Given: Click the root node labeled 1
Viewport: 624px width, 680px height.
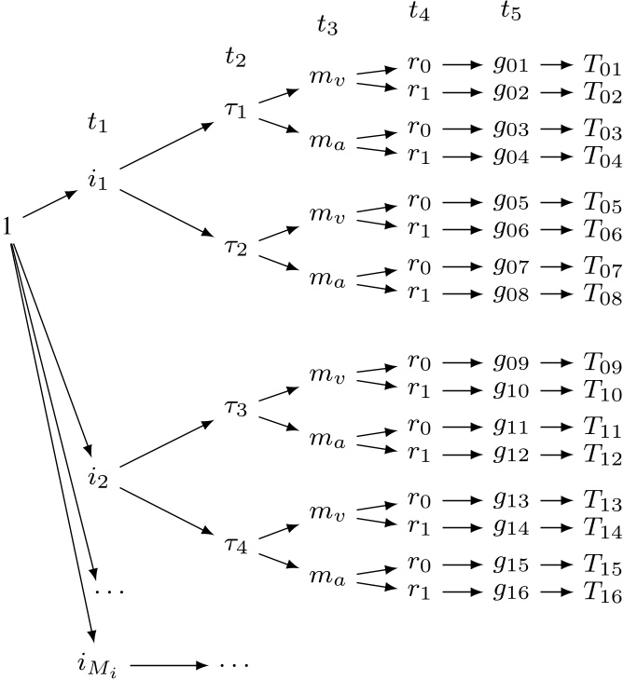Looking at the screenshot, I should (7, 224).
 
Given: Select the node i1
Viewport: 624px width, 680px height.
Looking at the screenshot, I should (97, 179).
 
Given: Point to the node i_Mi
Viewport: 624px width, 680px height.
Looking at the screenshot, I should (102, 665).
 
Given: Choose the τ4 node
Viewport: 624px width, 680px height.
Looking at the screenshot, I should (236, 522).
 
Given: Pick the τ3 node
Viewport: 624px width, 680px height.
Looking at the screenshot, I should (236, 408).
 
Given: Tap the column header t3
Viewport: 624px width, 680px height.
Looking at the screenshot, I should (326, 25).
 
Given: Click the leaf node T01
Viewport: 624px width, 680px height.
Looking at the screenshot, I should (602, 67).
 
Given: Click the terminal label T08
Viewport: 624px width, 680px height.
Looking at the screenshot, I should (602, 296).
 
